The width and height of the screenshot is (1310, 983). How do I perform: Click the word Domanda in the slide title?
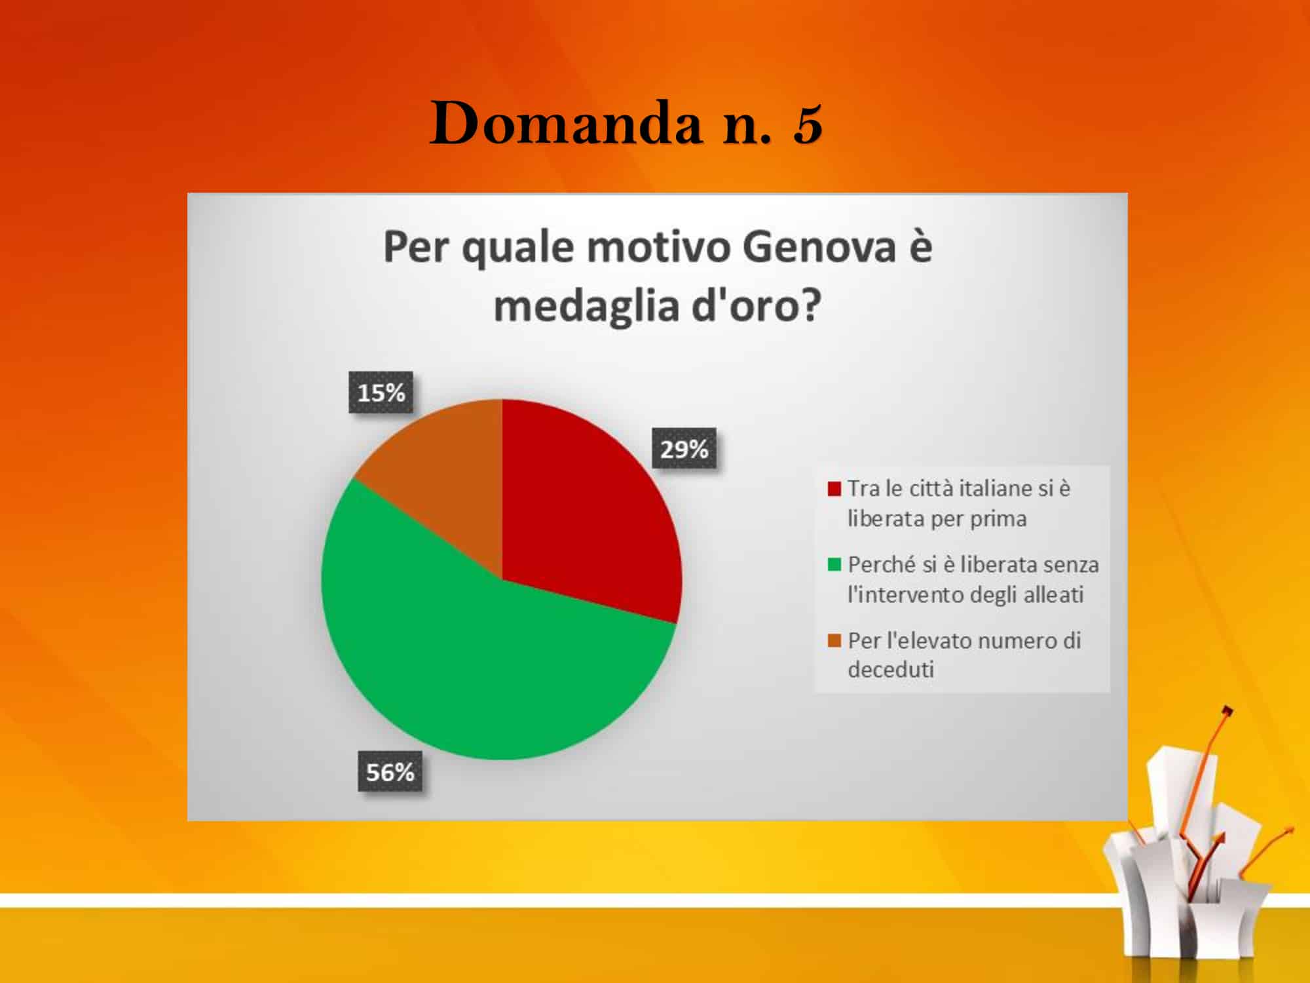[567, 123]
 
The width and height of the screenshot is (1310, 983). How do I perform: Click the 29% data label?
[684, 450]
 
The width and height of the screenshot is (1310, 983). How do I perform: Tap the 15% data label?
[381, 393]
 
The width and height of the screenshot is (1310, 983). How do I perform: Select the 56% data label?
[390, 772]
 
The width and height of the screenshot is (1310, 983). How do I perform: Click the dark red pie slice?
[583, 518]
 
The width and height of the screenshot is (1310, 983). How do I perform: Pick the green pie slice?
[485, 662]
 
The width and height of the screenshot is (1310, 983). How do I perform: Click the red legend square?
[834, 489]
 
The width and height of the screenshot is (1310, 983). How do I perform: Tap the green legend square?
[834, 564]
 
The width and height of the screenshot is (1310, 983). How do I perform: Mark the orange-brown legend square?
[834, 640]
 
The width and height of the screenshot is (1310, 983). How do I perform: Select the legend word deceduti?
[891, 670]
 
